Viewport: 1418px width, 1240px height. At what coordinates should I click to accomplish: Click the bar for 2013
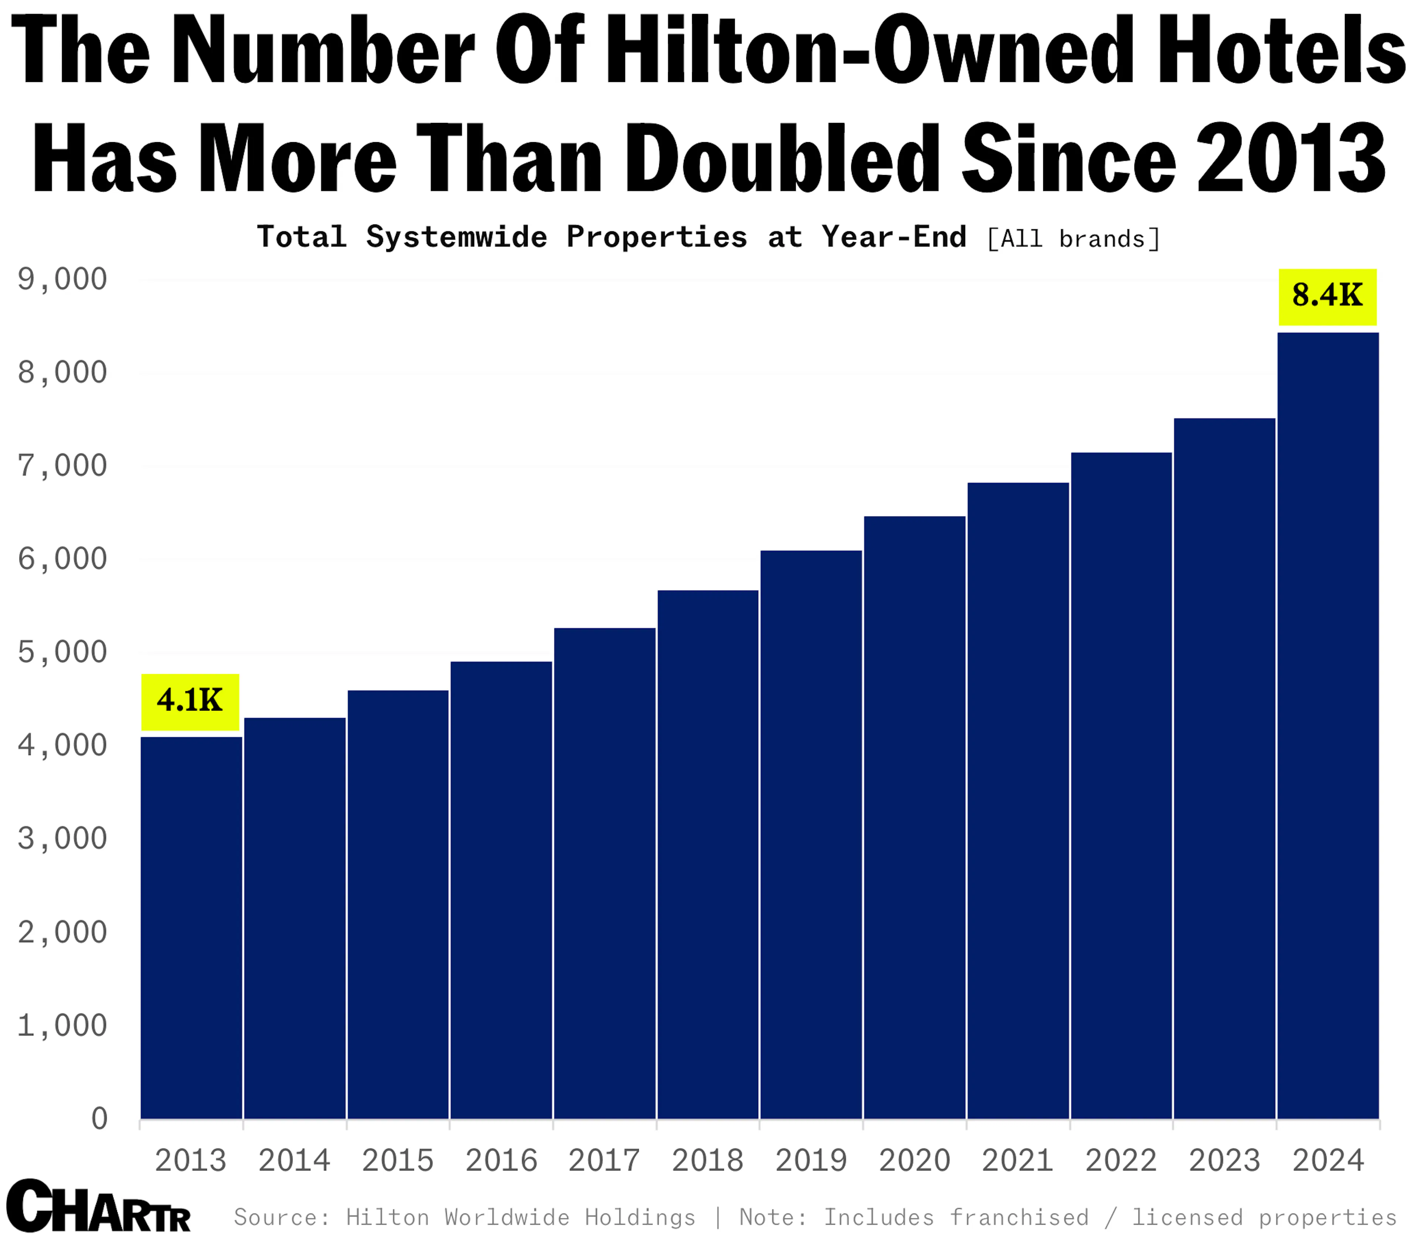pos(191,927)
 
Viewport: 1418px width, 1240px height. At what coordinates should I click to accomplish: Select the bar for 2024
pos(1327,727)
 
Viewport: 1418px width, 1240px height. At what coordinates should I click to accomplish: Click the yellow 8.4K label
pos(1327,296)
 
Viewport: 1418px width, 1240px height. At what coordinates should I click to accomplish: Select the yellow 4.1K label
pos(190,701)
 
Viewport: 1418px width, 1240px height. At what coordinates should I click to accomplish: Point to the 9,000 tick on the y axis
pos(62,279)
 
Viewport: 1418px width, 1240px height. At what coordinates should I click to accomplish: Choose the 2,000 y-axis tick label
pos(62,932)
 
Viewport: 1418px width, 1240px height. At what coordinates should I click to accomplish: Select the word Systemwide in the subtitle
pos(457,237)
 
